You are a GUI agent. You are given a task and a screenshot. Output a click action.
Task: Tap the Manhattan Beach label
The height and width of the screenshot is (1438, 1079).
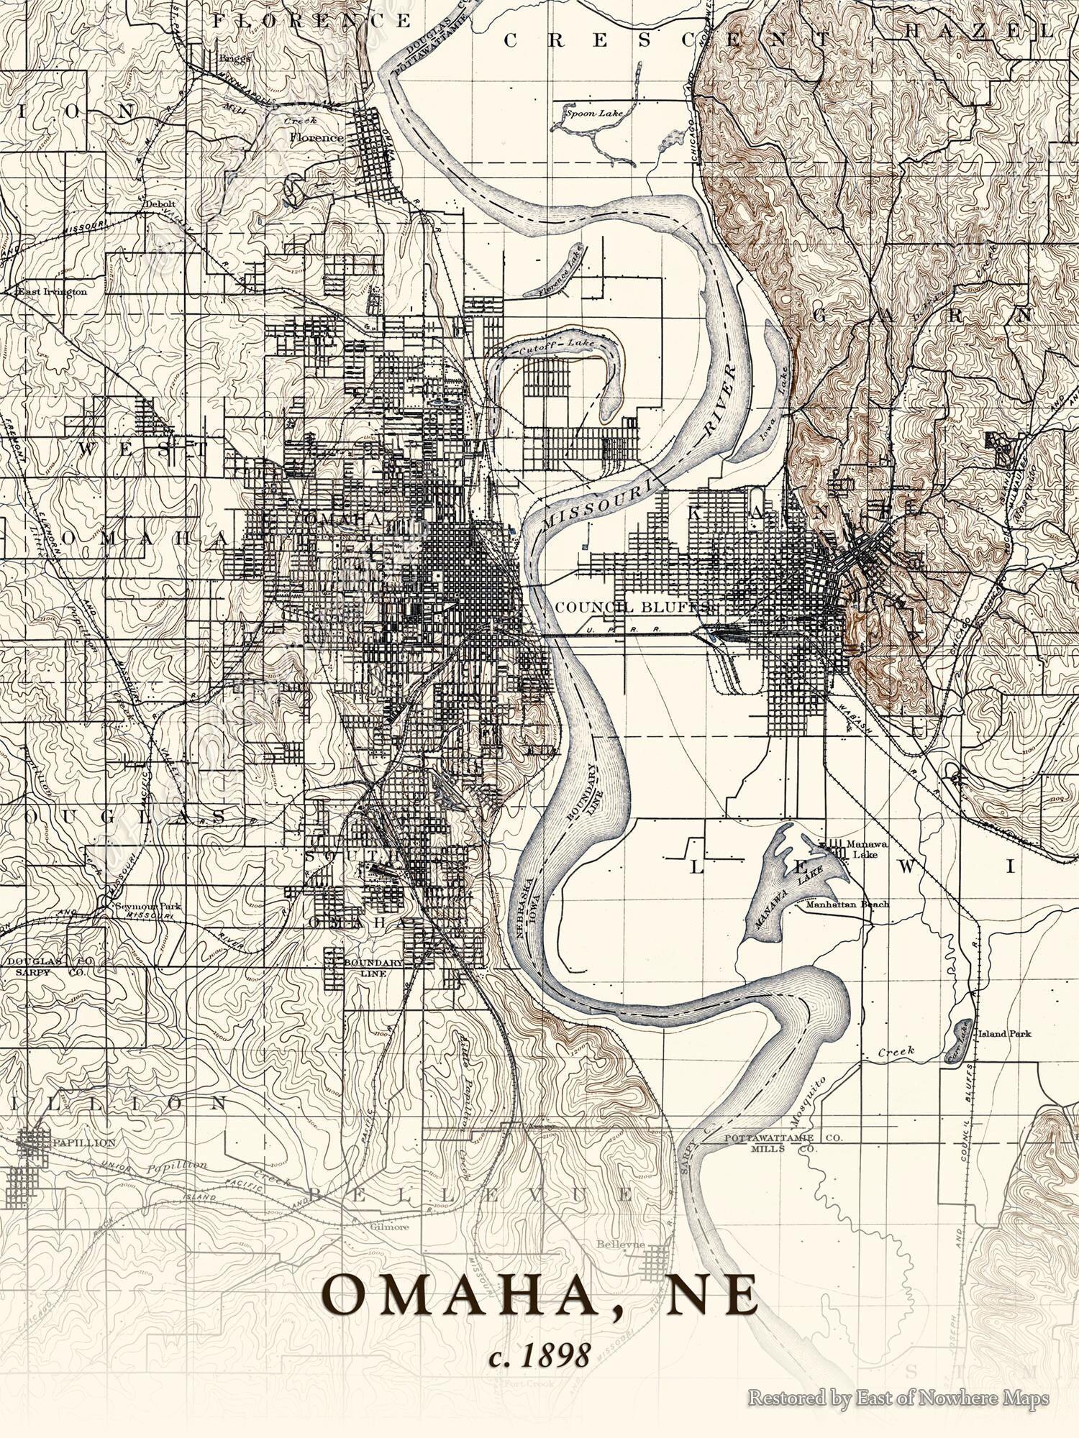[x=847, y=905]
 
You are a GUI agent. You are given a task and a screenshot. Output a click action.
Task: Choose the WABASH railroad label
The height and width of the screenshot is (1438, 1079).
[x=853, y=715]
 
